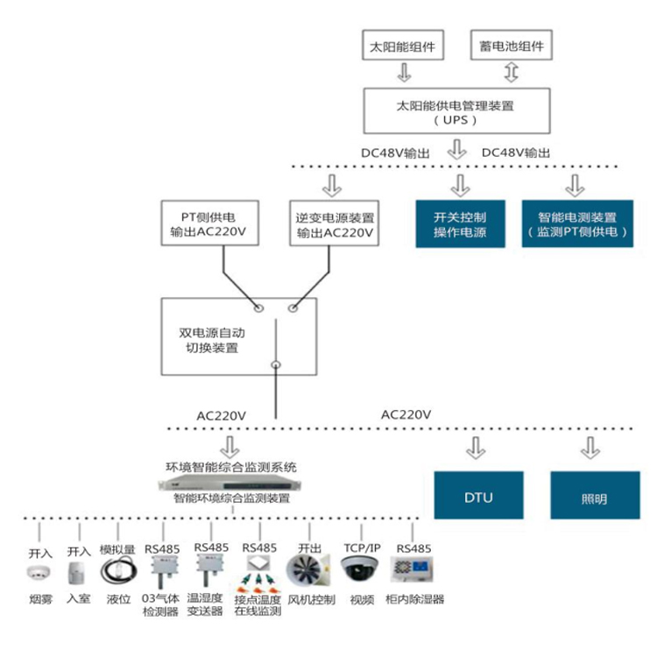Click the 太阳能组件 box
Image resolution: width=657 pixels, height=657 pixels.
pos(404,46)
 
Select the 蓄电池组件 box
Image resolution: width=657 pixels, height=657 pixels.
pos(512,46)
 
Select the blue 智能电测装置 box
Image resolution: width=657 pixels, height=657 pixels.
pos(576,224)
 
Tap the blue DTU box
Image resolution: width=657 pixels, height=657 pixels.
pos(478,497)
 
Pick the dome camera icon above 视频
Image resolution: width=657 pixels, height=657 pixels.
pos(361,570)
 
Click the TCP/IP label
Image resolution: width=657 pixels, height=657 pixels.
pos(361,547)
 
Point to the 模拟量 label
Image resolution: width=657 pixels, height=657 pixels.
pos(117,548)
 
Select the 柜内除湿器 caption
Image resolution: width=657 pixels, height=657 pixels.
pos(414,600)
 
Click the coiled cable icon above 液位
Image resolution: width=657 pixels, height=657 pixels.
pos(117,571)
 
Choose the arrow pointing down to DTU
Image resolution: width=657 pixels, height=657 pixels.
pos(476,449)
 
